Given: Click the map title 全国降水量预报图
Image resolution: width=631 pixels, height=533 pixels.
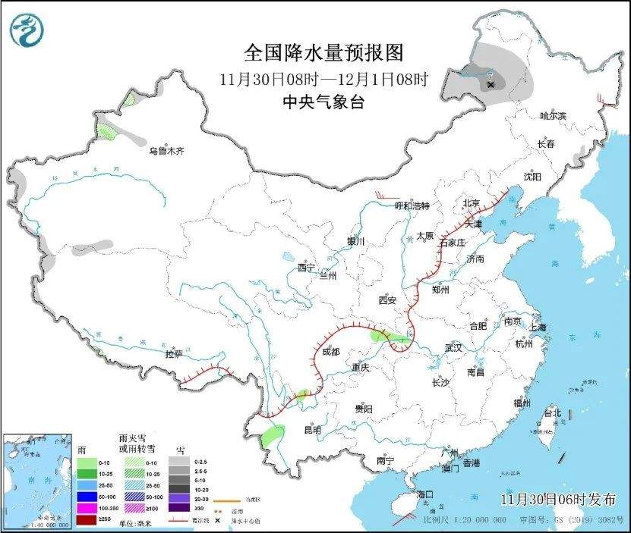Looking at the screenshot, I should pos(323,52).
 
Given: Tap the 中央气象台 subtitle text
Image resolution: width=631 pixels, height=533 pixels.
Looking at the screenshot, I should pos(323,102).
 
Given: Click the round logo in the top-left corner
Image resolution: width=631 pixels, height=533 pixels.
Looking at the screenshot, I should pos(27,30).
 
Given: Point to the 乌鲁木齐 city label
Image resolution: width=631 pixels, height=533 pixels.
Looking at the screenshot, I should pos(166,151).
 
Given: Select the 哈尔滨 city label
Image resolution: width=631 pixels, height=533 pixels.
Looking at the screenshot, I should pos(553,115).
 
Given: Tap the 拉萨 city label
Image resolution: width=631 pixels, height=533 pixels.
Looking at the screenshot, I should pos(174,354).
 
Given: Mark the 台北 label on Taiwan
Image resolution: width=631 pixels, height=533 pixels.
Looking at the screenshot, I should pos(552,412).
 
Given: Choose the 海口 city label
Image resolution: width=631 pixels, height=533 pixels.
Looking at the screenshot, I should pos(425,494).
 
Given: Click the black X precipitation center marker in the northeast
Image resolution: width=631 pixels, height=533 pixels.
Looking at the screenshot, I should pos(491,85).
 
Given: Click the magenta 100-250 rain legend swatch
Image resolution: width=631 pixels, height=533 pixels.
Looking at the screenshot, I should pos(87,506).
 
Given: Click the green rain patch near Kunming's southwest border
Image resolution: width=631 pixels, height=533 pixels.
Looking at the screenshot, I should pos(270,435).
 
